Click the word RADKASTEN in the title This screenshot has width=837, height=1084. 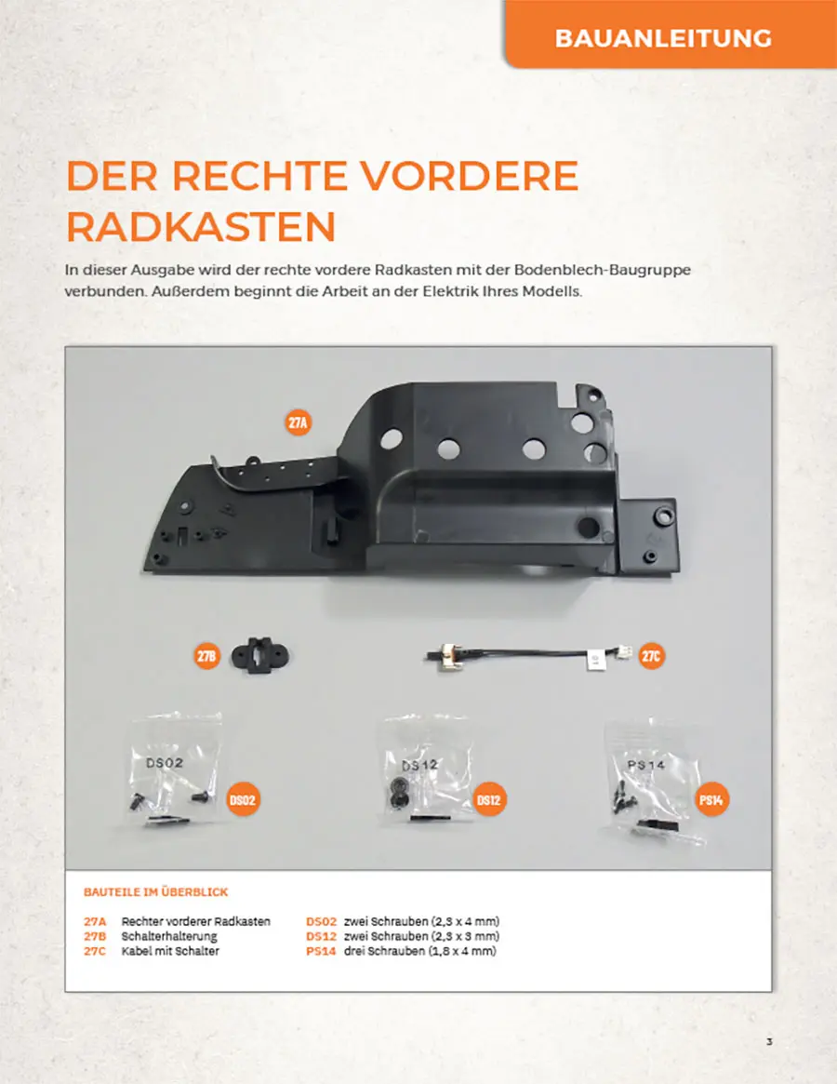[x=201, y=226]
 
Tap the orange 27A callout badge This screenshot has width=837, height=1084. [x=298, y=422]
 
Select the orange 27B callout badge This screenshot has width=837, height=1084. [x=206, y=656]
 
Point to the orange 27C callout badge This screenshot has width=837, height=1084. [x=650, y=655]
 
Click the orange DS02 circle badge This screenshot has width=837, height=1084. [x=242, y=800]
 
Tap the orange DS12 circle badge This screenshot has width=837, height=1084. [x=488, y=800]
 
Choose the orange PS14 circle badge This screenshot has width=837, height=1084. [x=711, y=800]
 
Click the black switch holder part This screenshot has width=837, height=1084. [x=259, y=655]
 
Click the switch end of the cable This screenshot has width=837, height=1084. [x=440, y=655]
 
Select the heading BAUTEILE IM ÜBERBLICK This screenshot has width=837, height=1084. [x=155, y=891]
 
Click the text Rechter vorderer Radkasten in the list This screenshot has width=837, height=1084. [x=195, y=921]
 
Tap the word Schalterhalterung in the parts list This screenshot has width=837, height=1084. [x=169, y=936]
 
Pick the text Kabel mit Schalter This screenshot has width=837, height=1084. [x=170, y=951]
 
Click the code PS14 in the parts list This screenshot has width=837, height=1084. [x=321, y=951]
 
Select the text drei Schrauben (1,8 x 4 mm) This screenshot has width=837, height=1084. [x=420, y=951]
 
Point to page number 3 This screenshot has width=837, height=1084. [x=769, y=1042]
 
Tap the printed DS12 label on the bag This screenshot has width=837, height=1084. [x=420, y=765]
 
